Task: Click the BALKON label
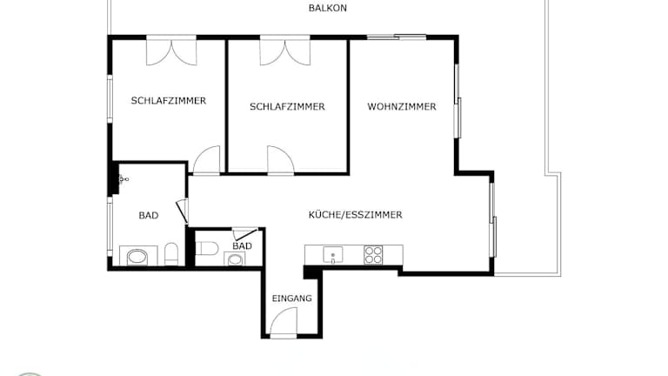(x=328, y=8)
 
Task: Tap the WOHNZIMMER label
(x=402, y=106)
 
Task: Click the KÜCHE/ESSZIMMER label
(x=355, y=214)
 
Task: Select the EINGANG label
(x=292, y=299)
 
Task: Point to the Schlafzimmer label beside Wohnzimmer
(x=287, y=106)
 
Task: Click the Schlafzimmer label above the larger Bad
(x=169, y=101)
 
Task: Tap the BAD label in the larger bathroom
(x=149, y=215)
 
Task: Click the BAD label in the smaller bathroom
(x=242, y=246)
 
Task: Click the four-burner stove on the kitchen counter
(x=373, y=254)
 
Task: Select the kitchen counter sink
(x=333, y=255)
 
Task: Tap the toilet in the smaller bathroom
(x=207, y=248)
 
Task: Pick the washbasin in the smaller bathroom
(x=235, y=258)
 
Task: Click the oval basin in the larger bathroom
(x=137, y=256)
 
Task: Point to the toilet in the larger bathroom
(x=171, y=254)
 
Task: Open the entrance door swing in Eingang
(x=284, y=322)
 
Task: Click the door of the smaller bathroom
(x=245, y=233)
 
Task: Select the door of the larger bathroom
(x=183, y=211)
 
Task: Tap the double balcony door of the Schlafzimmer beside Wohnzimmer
(x=285, y=52)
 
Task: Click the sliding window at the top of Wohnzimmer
(x=397, y=37)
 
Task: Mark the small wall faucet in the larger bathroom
(x=124, y=179)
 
